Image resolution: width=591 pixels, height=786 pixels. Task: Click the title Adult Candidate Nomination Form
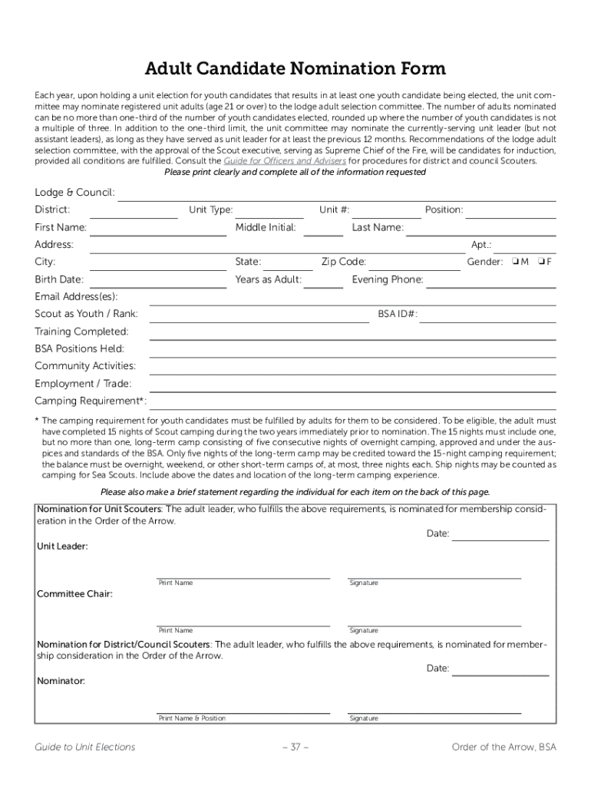tap(295, 68)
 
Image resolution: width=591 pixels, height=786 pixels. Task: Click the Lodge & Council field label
tap(74, 192)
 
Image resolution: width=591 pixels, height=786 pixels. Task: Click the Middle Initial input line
tap(323, 234)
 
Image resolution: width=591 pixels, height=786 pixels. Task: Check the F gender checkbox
tap(540, 262)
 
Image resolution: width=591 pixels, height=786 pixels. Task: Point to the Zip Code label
tap(343, 262)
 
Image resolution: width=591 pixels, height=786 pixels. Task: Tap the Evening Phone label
tap(387, 279)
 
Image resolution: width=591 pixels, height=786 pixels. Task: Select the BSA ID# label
tap(398, 314)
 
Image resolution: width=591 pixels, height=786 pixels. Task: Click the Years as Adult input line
tap(328, 286)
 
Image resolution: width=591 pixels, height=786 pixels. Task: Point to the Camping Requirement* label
tap(91, 401)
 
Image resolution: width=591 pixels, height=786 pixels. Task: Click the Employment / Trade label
tap(83, 383)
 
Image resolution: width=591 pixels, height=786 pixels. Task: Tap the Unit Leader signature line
tap(434, 576)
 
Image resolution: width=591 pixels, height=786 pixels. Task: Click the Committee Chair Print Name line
tap(243, 624)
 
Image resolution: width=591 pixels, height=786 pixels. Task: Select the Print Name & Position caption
tap(192, 718)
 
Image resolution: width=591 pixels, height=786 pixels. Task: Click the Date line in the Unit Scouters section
tap(500, 540)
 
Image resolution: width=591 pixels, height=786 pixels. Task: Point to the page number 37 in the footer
tap(295, 747)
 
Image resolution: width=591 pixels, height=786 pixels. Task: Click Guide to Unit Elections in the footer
tap(84, 747)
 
